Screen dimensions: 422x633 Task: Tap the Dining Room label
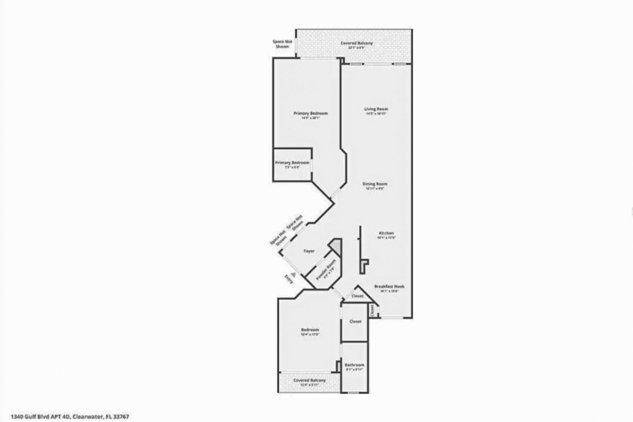click(x=375, y=184)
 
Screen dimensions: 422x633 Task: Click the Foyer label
click(x=309, y=251)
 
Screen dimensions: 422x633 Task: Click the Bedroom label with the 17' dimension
click(x=310, y=330)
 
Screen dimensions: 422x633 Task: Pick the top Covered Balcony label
click(x=357, y=43)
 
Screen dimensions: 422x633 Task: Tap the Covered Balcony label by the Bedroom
click(x=310, y=380)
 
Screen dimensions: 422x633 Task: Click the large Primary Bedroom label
click(x=311, y=113)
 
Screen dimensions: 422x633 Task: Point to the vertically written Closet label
click(x=372, y=311)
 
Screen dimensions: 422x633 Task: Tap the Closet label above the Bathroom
click(x=355, y=321)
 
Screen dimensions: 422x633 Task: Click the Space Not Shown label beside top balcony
click(x=282, y=44)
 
